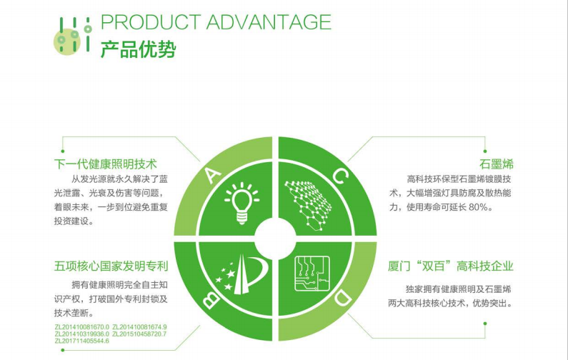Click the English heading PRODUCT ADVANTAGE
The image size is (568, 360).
point(216,22)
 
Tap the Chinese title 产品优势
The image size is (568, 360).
point(138,49)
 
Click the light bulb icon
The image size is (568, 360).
point(241,204)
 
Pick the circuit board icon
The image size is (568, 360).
point(312,274)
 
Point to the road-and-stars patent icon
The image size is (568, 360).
point(241,274)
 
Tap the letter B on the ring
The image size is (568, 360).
point(210,299)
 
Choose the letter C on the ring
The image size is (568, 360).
point(341,176)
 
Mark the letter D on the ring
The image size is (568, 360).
point(342,298)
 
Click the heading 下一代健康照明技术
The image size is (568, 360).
point(106,164)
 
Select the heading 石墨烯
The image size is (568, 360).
point(497,164)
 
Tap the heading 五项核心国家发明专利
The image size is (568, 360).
point(111,266)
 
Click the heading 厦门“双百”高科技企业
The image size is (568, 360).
point(451,266)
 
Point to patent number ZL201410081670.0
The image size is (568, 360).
point(82,327)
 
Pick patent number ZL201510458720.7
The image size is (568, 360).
point(139,334)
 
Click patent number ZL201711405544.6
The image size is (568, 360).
point(82,341)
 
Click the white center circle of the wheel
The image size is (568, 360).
point(275,239)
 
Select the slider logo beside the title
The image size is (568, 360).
point(72,35)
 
